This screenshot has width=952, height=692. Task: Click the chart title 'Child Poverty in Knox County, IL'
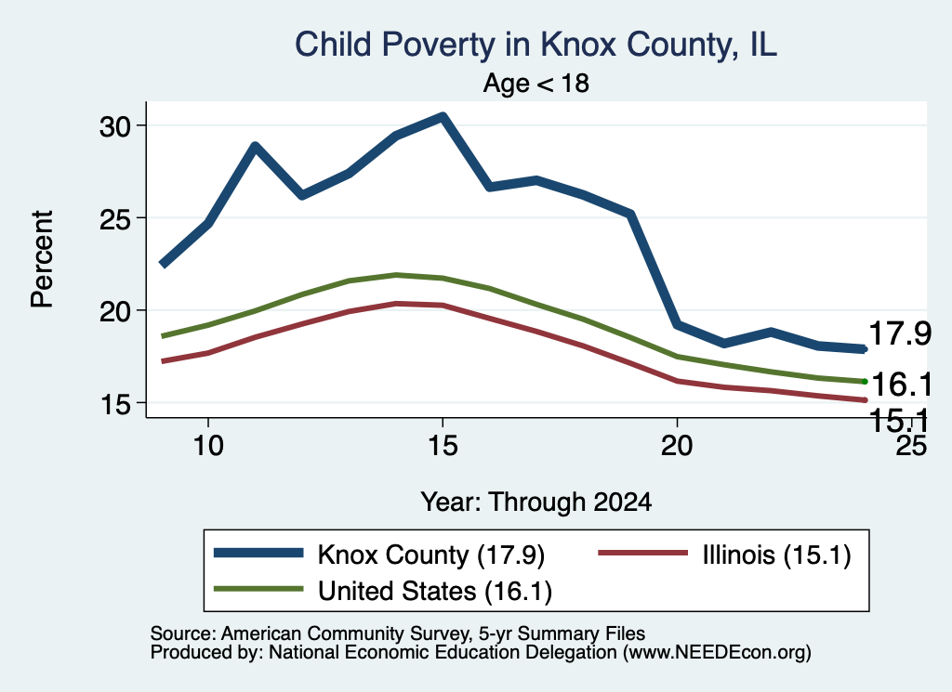pos(535,45)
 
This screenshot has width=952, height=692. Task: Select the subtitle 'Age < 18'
pos(536,83)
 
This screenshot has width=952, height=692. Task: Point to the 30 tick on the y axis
pos(115,126)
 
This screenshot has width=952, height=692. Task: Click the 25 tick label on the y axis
pos(115,218)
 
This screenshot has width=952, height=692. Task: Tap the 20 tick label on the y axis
pos(115,311)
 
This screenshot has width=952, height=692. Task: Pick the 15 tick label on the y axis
pos(115,404)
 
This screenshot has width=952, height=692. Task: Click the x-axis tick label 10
pos(208,446)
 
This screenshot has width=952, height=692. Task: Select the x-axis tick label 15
pos(443,446)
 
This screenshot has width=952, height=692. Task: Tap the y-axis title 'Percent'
pos(42,259)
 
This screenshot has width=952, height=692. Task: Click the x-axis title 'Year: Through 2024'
pos(536,503)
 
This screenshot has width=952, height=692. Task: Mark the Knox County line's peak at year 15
pos(443,116)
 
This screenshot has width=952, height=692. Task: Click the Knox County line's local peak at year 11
pos(256,146)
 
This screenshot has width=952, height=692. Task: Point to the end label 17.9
pos(900,333)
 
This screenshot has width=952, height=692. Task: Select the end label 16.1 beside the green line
pos(901,384)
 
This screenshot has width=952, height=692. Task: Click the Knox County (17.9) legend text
pos(431,555)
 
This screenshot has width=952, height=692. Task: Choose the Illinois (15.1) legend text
pos(776,555)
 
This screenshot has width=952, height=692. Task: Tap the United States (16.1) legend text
pos(435,591)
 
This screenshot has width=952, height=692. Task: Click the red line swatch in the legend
pos(643,553)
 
